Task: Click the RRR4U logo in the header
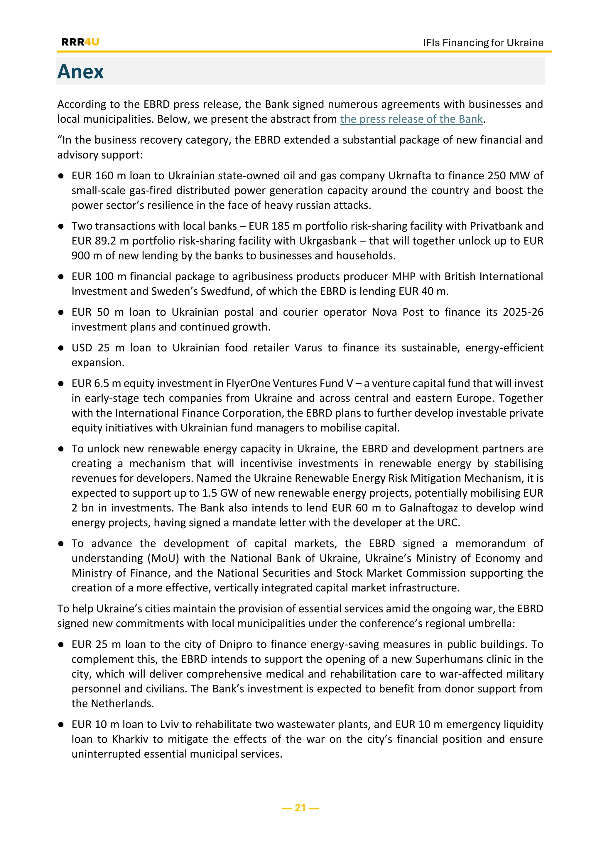coord(80,42)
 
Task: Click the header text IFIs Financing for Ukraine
coord(483,43)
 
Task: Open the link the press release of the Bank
coord(411,119)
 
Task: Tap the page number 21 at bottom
coord(300,807)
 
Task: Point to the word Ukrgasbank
coord(328,241)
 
